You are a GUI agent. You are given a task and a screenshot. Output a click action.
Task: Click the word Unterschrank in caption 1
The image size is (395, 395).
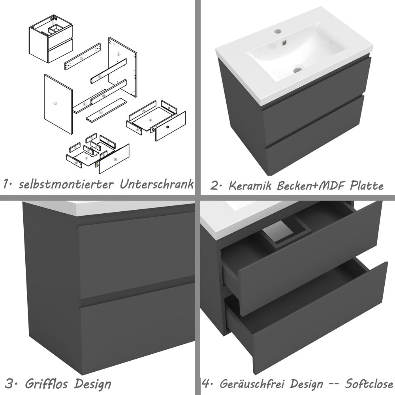coord(157,184)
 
